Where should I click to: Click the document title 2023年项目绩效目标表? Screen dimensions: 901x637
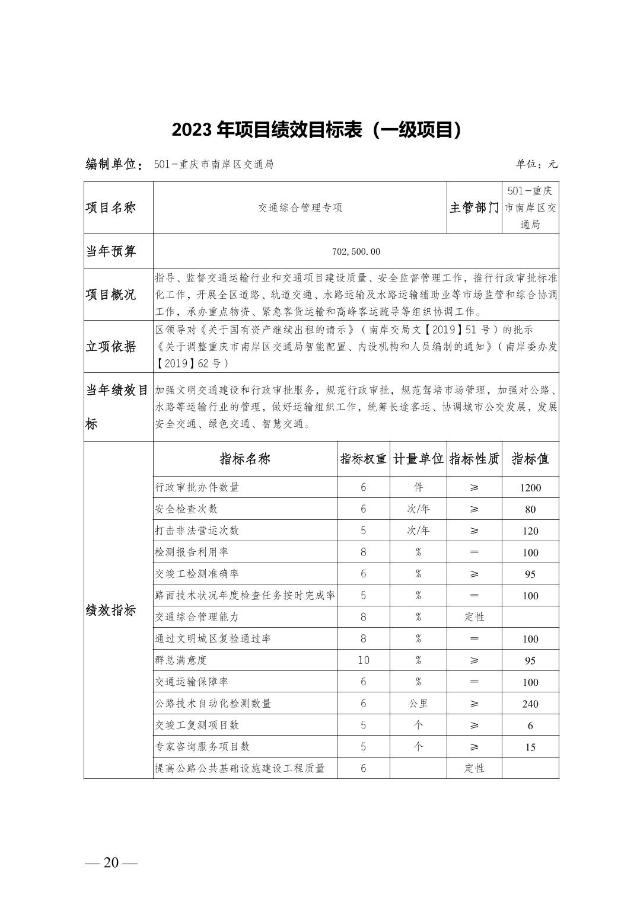317,130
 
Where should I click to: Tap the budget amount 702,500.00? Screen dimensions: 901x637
356,251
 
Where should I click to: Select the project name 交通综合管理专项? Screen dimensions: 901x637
300,208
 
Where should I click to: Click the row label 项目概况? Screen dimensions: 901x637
111,295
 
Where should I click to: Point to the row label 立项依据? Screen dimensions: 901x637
111,347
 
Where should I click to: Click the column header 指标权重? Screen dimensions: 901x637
363,459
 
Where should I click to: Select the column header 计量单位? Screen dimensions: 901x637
418,459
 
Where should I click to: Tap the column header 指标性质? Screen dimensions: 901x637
474,459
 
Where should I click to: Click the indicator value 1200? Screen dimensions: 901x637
530,488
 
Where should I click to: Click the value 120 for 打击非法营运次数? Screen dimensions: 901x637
530,531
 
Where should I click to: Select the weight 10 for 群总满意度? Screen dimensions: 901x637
363,660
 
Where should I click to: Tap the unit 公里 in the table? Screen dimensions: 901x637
418,704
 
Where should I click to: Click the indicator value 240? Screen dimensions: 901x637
530,704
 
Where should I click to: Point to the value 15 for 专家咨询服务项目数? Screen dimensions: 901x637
530,747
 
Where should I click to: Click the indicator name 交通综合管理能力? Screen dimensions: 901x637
197,617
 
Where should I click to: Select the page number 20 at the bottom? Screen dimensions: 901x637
111,862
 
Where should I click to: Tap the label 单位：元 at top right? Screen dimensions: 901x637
537,164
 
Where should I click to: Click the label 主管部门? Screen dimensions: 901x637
474,208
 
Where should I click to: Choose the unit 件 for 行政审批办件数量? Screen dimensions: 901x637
418,488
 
